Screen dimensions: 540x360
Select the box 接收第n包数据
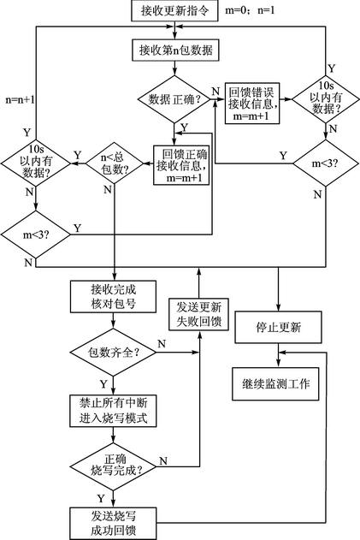coord(174,50)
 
